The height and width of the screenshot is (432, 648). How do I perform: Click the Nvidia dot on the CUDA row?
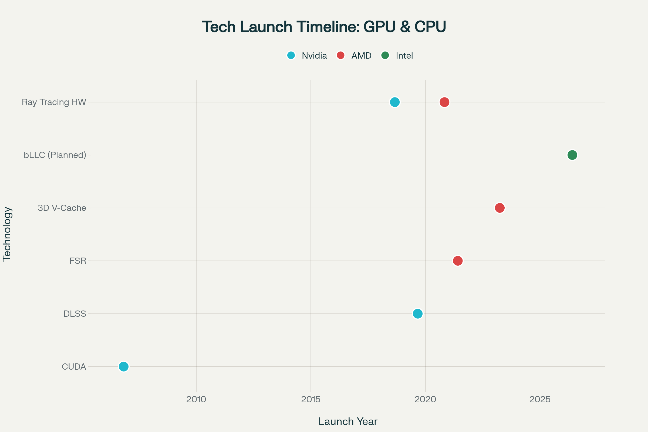(124, 366)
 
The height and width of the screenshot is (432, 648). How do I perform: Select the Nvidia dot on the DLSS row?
(418, 313)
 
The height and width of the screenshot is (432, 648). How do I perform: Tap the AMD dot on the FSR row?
(458, 261)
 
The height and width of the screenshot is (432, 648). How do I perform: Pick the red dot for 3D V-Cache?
(500, 208)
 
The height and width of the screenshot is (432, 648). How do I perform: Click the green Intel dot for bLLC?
(572, 155)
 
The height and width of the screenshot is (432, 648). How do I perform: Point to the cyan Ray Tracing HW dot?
(395, 102)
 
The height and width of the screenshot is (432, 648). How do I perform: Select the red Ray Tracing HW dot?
(444, 102)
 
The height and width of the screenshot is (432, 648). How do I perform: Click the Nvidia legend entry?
(307, 56)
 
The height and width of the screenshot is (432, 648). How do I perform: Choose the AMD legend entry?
(354, 56)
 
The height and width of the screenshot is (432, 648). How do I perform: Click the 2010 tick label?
(196, 400)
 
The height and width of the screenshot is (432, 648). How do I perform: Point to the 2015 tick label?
(311, 400)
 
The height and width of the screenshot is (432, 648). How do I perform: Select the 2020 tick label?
(426, 400)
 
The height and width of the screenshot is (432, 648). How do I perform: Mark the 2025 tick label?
(540, 400)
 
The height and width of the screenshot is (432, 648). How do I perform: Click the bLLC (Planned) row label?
(55, 155)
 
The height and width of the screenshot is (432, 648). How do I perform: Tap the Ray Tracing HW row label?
(54, 102)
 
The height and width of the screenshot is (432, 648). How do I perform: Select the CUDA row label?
(74, 367)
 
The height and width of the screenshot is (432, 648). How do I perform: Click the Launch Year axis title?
(348, 421)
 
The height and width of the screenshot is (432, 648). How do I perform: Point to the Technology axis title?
(7, 234)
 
